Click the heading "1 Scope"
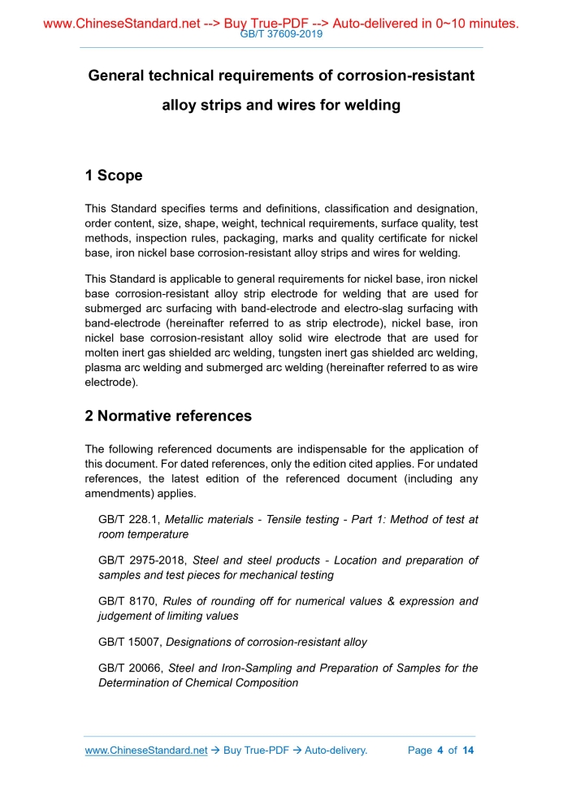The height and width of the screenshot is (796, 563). click(x=114, y=175)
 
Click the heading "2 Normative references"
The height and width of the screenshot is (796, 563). click(x=168, y=416)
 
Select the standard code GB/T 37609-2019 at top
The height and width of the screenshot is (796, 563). click(x=282, y=35)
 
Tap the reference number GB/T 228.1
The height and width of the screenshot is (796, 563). click(x=128, y=519)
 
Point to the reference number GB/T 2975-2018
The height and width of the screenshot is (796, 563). click(x=141, y=560)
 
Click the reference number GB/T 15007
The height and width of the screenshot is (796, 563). click(x=130, y=642)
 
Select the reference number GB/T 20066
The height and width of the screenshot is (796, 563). click(x=130, y=668)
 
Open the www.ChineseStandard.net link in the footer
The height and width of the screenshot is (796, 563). click(x=146, y=751)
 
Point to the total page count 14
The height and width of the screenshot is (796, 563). click(x=467, y=751)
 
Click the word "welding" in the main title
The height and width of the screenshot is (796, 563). click(x=370, y=105)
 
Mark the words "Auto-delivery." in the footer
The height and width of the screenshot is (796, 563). click(x=336, y=751)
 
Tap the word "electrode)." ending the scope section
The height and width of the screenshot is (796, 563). click(x=112, y=382)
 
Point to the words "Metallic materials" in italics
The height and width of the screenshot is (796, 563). click(x=209, y=519)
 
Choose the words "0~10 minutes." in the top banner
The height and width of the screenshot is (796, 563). click(x=473, y=24)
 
